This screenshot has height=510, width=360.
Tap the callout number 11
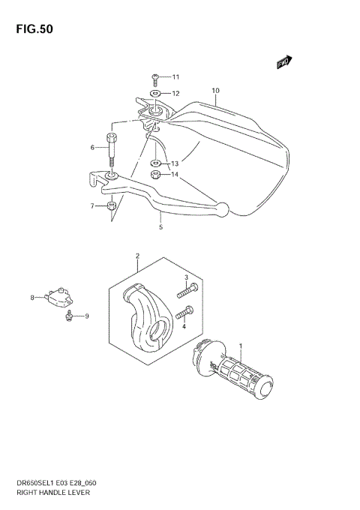[x=175, y=77]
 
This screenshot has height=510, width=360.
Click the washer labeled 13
[x=155, y=163]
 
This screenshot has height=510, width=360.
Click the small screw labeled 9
[x=70, y=316]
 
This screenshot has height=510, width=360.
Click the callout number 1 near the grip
[x=240, y=346]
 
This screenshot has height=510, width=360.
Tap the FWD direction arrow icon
[x=283, y=63]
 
